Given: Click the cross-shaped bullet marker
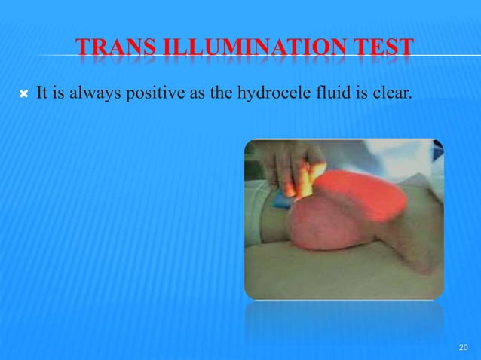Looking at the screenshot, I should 24,95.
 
